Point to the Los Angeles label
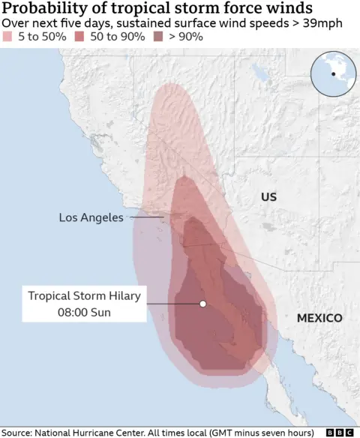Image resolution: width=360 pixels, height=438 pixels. click(x=91, y=217)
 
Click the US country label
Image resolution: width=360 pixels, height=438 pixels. click(x=268, y=197)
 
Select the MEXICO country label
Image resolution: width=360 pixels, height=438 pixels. click(x=319, y=318)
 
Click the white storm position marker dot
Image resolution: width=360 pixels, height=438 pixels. click(x=202, y=304)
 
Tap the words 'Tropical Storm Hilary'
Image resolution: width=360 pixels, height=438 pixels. click(x=84, y=295)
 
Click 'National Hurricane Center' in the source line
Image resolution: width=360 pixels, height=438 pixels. click(x=97, y=432)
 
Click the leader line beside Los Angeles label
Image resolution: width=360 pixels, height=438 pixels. click(x=150, y=217)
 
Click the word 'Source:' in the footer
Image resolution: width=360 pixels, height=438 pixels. click(x=19, y=432)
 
